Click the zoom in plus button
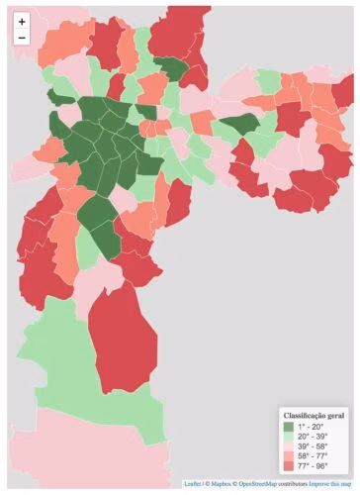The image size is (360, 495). click(x=21, y=21)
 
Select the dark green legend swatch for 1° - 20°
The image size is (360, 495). click(x=289, y=426)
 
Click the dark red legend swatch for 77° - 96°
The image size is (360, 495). click(x=289, y=466)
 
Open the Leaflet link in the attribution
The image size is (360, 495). click(x=192, y=484)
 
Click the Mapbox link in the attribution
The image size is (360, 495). click(x=221, y=484)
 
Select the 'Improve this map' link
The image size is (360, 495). click(x=329, y=484)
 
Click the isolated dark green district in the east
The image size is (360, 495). click(x=239, y=125)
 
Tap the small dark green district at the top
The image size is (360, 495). click(x=170, y=67)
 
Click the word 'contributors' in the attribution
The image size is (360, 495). click(x=293, y=484)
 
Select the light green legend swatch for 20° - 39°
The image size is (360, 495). click(x=289, y=437)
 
